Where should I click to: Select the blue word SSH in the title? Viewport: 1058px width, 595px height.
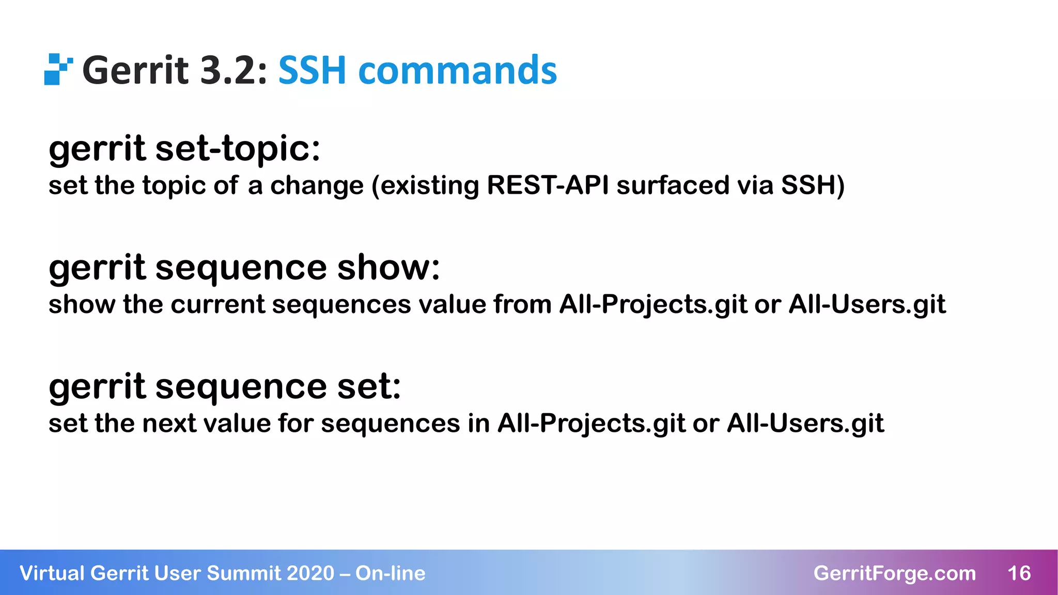[312, 71]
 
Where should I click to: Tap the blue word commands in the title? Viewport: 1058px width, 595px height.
[458, 71]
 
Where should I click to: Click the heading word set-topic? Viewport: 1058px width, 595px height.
[238, 149]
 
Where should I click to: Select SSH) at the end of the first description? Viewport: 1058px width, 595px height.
[813, 185]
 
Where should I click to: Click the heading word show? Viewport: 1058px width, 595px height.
[388, 268]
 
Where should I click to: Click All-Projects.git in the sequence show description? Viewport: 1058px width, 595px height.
[653, 304]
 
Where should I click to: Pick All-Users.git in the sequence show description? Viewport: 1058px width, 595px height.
[867, 304]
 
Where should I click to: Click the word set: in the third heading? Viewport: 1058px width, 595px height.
[369, 386]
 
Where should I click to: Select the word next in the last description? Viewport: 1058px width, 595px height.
[169, 424]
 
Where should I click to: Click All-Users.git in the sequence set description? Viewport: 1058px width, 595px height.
[805, 424]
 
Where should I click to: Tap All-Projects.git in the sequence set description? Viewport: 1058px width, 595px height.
[591, 424]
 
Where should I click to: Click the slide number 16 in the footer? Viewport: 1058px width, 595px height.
[1019, 573]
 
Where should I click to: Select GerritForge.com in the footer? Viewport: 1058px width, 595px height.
[894, 573]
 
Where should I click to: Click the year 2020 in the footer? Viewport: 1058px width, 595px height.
[310, 573]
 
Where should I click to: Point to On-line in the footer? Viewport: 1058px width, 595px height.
[390, 573]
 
